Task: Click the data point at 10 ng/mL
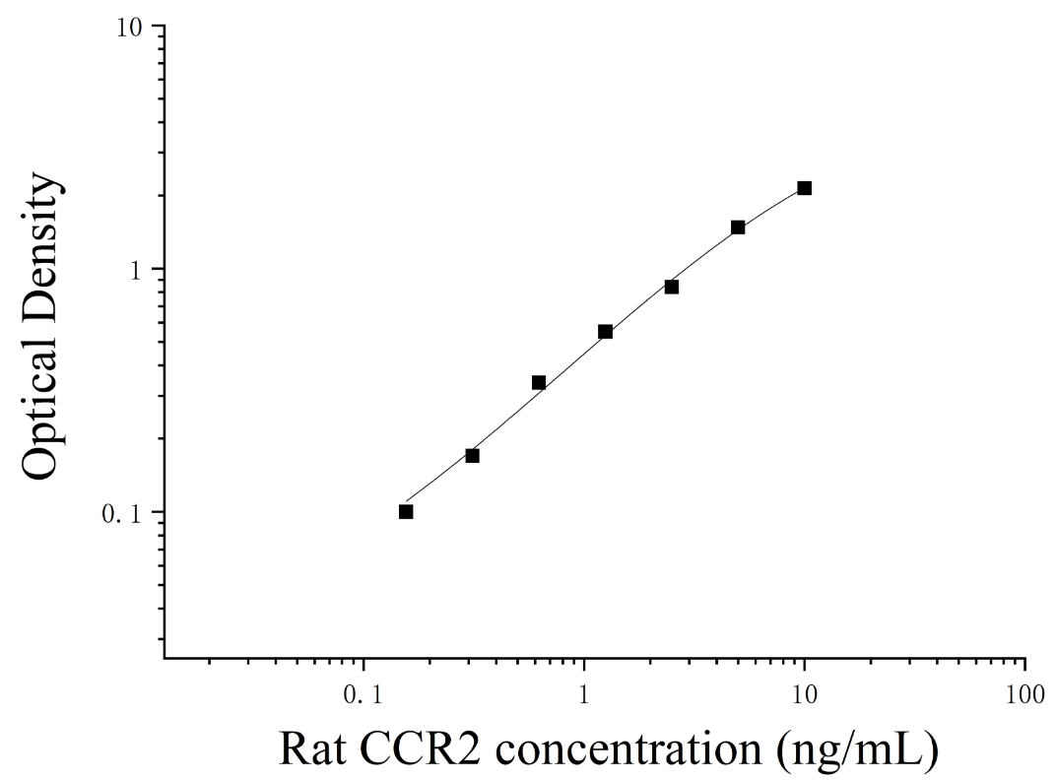[804, 188]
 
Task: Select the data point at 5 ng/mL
[738, 227]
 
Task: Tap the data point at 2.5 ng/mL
[672, 288]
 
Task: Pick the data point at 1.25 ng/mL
[606, 332]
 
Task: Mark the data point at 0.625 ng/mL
[539, 383]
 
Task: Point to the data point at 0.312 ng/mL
[473, 456]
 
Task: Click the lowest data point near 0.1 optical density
[406, 512]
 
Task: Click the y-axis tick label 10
[129, 27]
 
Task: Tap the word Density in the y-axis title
[41, 246]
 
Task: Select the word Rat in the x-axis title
[313, 748]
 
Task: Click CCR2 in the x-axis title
[421, 748]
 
